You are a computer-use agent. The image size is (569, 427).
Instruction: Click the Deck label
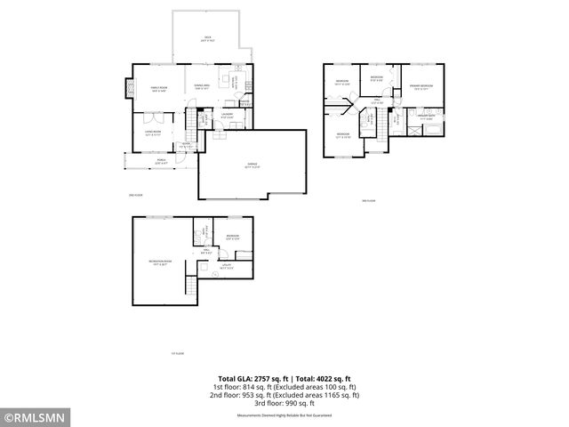pyautogui.click(x=205, y=38)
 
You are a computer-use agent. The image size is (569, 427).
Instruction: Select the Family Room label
pyautogui.click(x=159, y=89)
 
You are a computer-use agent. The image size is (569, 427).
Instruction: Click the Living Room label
pyautogui.click(x=153, y=133)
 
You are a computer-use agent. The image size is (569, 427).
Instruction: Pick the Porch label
pyautogui.click(x=161, y=162)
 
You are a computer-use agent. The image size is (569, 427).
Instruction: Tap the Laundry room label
pyautogui.click(x=228, y=115)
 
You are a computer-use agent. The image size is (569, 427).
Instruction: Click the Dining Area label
pyautogui.click(x=202, y=87)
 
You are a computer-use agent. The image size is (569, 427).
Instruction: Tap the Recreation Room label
pyautogui.click(x=160, y=262)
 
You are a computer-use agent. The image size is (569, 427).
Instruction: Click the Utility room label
pyautogui.click(x=228, y=267)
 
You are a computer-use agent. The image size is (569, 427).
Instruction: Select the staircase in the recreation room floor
pyautogui.click(x=189, y=286)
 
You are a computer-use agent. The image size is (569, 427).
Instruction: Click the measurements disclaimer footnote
pyautogui.click(x=284, y=415)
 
